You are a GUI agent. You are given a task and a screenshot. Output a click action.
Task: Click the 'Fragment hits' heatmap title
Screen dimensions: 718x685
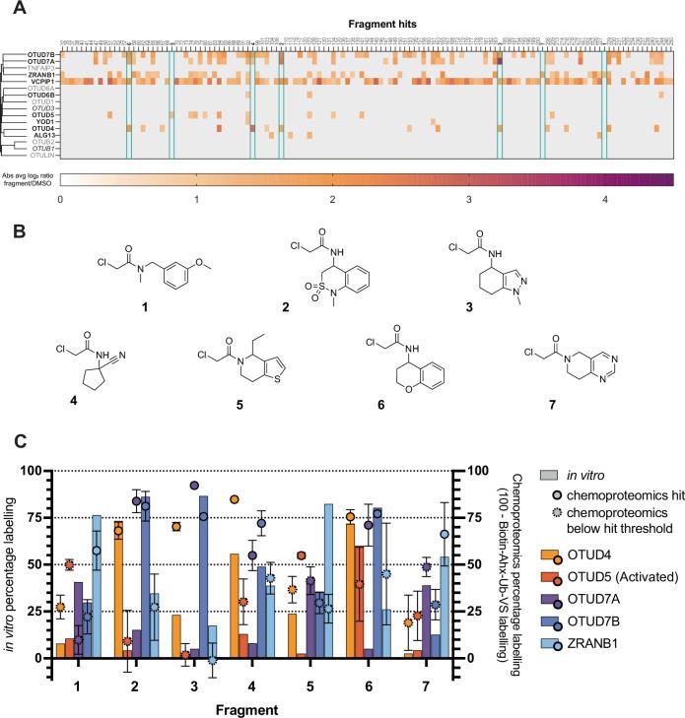[x=366, y=22]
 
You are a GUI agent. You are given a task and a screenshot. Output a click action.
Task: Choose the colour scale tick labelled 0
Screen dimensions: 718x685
[x=61, y=199]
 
